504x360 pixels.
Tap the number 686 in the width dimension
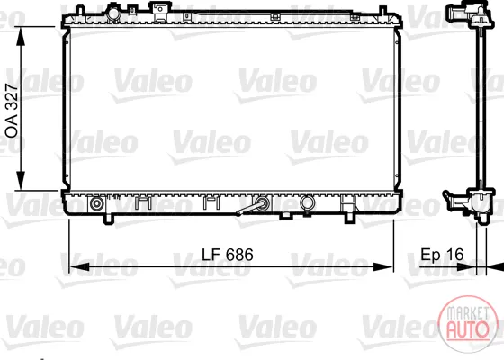pos(239,255)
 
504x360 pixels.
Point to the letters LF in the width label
pos(211,255)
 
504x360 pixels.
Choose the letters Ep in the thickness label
pos(431,255)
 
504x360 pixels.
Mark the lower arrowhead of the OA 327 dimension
pos(21,180)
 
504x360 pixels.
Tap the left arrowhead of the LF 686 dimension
pos(80,266)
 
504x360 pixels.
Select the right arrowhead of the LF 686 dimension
pos(383,266)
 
